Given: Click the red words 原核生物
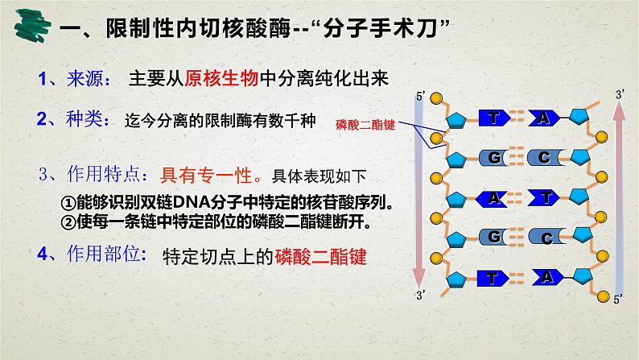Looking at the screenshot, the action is pos(221,78).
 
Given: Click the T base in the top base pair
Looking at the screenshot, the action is pos(493,118).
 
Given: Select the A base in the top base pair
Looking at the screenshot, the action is pos(544,118).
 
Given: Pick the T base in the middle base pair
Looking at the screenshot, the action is pos(547,197).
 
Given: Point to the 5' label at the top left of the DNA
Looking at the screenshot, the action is pos(419,97).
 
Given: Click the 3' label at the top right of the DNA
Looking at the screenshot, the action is pos(619,95).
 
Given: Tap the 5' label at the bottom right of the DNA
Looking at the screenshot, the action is pos(618,299).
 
